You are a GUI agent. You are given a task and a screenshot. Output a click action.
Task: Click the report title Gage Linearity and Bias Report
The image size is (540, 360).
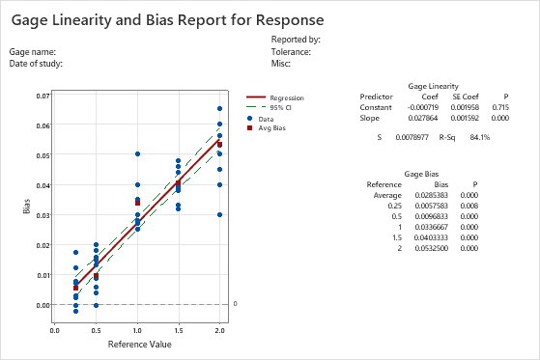point(167,18)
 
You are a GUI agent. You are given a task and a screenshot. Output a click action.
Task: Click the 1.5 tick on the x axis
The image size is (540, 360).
point(179,329)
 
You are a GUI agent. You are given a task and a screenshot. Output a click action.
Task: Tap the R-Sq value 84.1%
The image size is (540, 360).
point(479,137)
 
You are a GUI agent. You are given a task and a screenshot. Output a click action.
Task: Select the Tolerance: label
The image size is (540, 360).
point(291,51)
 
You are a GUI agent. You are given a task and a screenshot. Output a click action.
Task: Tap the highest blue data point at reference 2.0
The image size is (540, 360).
point(219,109)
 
